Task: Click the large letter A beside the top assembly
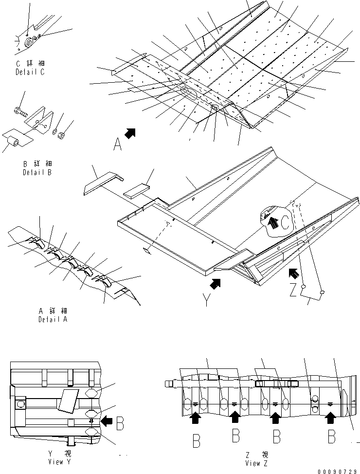click(x=117, y=145)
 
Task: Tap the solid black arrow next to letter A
click(x=130, y=132)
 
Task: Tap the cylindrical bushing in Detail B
click(x=14, y=143)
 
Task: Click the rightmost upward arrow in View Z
click(x=331, y=417)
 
